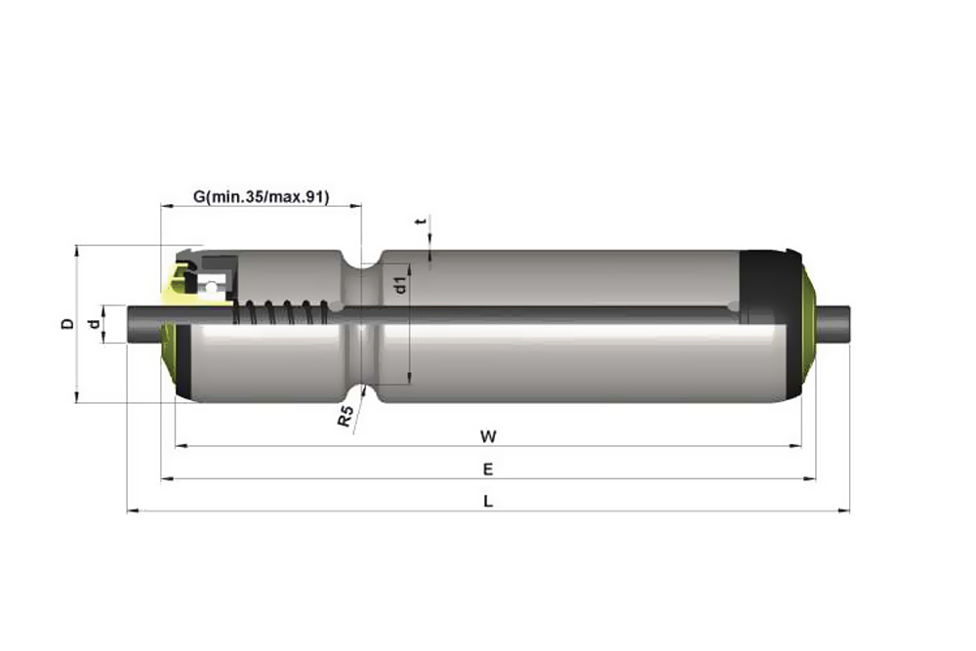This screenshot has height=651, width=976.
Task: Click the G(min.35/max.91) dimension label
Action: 261,197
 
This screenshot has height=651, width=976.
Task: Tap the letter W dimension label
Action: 488,437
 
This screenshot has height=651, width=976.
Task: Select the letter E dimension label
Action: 488,469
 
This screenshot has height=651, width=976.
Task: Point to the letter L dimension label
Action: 488,501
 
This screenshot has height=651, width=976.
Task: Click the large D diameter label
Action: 67,324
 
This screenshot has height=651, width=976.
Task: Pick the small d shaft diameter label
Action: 94,324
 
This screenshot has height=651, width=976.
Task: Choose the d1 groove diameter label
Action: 401,285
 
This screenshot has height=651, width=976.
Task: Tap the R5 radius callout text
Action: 346,416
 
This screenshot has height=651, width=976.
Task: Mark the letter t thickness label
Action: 423,221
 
